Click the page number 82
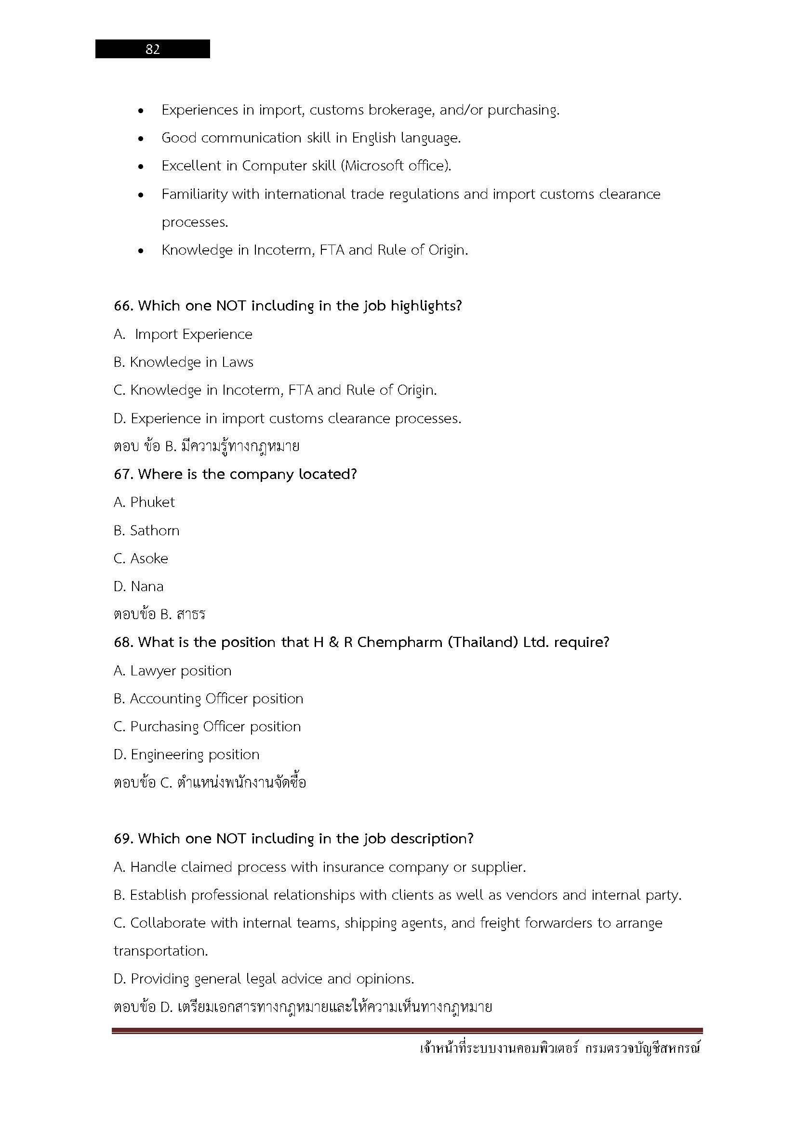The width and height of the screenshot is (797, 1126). point(153,49)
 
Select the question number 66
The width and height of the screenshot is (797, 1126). point(123,306)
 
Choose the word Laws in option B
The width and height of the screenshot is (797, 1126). point(238,362)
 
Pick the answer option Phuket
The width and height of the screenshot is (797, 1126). point(152,502)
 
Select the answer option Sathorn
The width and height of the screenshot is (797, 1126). point(155,531)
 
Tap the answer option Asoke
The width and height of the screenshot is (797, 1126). point(149,558)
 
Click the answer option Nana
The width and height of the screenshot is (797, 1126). point(147,586)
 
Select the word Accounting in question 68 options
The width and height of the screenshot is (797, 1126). point(165,699)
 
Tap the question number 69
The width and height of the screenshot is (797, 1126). point(123,839)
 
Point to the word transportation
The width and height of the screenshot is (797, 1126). point(160,951)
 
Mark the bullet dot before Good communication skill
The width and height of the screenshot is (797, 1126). point(141,139)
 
